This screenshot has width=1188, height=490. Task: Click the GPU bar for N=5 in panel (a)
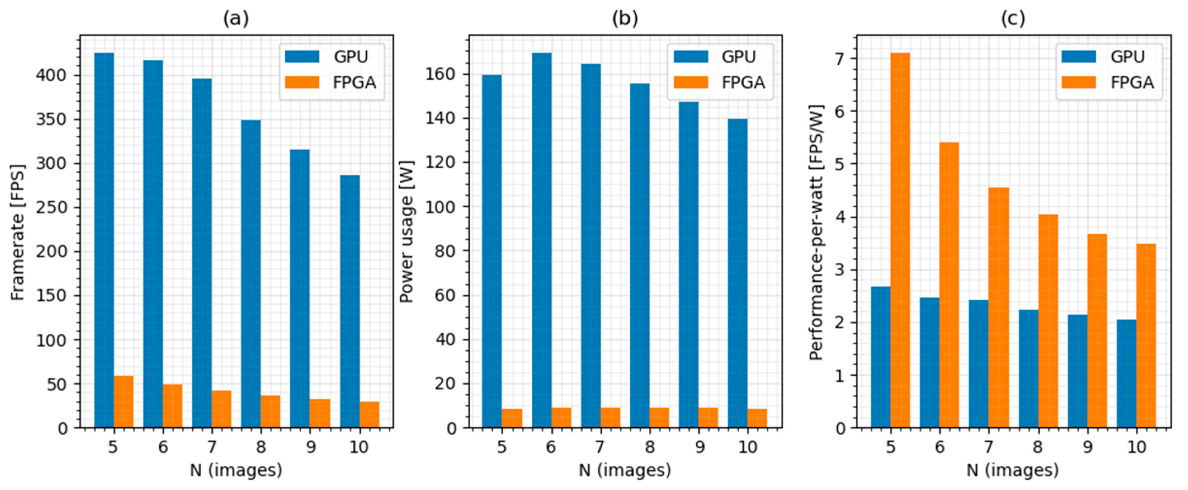pos(104,240)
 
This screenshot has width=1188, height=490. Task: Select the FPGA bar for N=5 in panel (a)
pos(124,401)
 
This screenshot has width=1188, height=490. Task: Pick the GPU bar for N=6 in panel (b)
pos(542,240)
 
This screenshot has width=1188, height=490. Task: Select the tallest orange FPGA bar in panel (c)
pos(900,240)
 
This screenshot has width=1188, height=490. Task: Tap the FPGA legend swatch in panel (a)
pos(302,82)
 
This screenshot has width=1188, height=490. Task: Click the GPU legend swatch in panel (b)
pos(691,57)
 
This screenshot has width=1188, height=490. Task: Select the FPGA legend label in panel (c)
pos(1132,82)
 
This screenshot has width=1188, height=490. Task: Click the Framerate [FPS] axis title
pos(18,232)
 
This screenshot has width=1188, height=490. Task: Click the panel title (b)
pos(625,18)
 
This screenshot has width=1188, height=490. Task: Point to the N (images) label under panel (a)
pos(236,470)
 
